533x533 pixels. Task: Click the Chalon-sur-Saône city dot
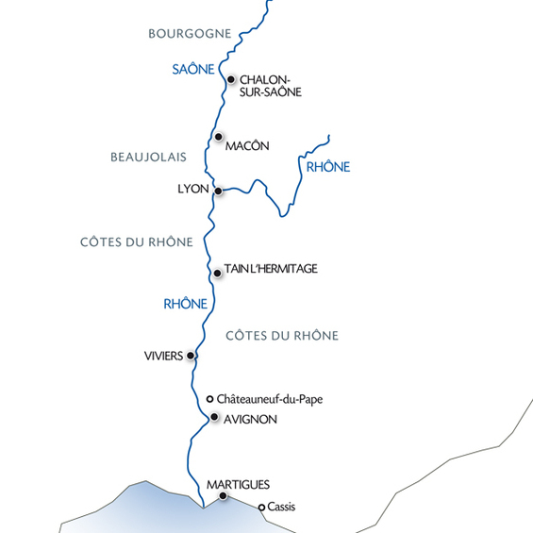(231, 79)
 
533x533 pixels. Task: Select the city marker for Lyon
(218, 191)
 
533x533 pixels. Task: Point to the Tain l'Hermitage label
(271, 269)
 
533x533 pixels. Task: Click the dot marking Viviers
(192, 356)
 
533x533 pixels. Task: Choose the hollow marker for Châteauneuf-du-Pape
(210, 399)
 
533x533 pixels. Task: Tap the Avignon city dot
(215, 417)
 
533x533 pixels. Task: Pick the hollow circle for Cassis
(261, 507)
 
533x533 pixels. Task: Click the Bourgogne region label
(190, 34)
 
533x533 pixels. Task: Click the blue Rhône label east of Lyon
(328, 167)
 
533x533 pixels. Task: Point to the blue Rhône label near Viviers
(186, 304)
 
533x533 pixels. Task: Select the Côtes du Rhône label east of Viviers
(282, 336)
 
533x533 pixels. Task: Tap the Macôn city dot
(219, 137)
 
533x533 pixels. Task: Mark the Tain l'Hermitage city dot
(218, 273)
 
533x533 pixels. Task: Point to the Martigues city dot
(223, 495)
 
